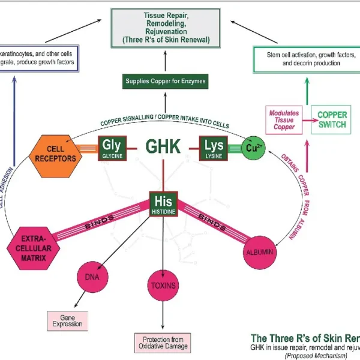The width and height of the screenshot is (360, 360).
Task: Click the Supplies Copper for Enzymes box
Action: pyautogui.click(x=165, y=80)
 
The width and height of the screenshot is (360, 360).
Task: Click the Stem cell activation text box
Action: pyautogui.click(x=303, y=59)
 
